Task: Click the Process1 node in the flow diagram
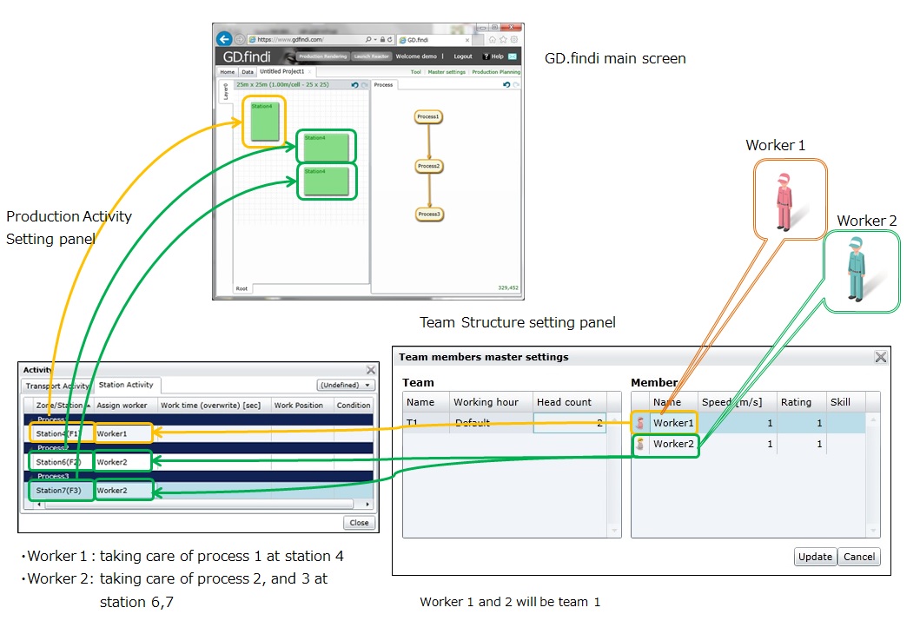coord(428,116)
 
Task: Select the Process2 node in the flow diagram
coord(428,166)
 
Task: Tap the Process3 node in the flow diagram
coord(428,214)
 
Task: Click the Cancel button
coord(859,557)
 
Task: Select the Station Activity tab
coord(126,385)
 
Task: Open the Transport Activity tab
coord(56,386)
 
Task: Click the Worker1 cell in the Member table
coord(673,423)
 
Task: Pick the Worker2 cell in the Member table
coord(673,444)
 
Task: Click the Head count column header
coord(564,402)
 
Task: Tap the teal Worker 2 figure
coord(856,268)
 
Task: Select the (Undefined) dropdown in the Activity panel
coord(346,385)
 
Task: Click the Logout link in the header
coord(463,56)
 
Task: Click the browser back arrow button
coord(224,39)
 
